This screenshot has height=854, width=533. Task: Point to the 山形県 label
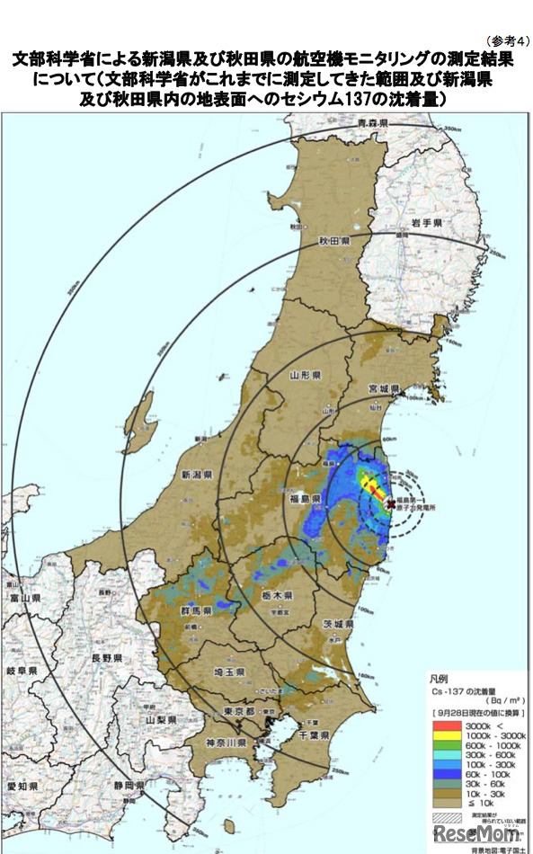tap(306, 375)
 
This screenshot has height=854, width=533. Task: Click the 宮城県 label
tap(384, 389)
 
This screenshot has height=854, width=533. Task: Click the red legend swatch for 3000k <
tap(444, 723)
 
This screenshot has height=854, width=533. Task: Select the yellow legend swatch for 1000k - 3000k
tap(444, 734)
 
